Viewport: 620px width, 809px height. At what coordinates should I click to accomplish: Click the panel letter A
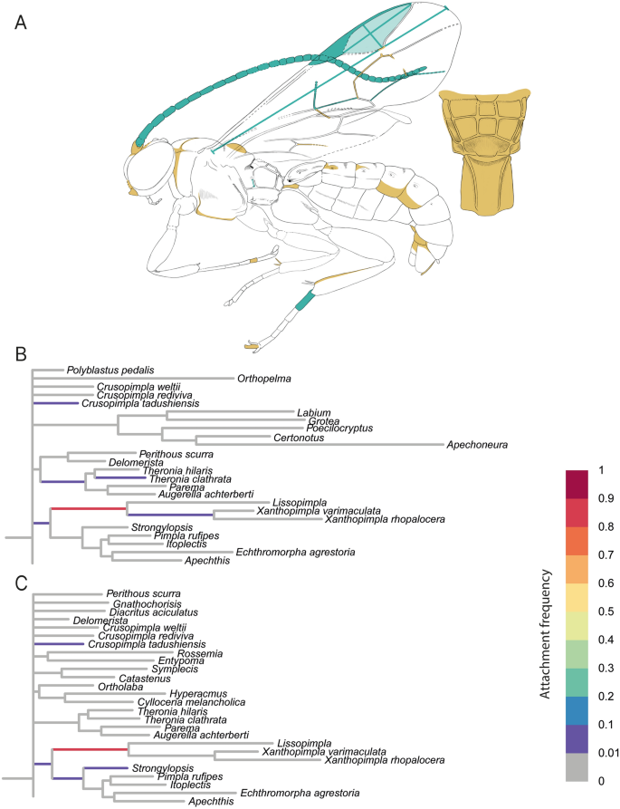click(20, 22)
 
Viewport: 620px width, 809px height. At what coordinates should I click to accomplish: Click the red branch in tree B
click(89, 509)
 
